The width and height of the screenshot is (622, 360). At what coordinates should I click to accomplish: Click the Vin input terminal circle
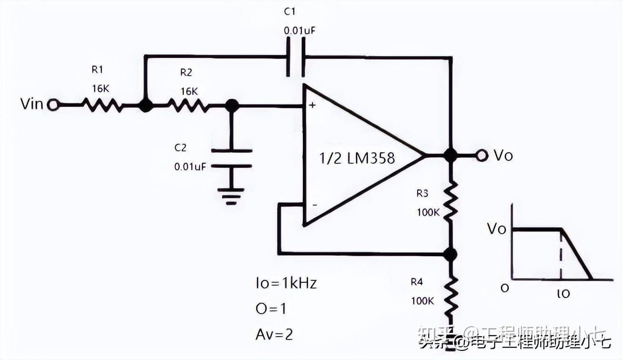tap(53, 105)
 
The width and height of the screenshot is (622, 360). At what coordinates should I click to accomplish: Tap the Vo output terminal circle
tap(482, 155)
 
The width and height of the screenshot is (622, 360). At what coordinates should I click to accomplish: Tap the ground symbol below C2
tap(231, 196)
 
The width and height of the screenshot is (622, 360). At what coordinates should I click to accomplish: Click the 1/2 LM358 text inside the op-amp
tap(357, 158)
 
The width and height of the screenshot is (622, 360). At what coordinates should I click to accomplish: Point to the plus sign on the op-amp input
tap(312, 105)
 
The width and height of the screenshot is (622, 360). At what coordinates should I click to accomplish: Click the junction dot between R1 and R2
tap(145, 105)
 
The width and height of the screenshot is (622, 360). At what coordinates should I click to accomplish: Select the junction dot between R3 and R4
tap(449, 254)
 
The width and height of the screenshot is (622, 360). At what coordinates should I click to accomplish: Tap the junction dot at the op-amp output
tap(449, 155)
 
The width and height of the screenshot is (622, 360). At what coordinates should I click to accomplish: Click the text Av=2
tap(274, 334)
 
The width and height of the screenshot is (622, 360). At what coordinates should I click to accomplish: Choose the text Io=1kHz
tap(286, 283)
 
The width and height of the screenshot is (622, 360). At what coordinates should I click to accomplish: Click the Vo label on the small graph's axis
tap(496, 229)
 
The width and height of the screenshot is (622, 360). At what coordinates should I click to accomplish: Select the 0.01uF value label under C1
tap(300, 31)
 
